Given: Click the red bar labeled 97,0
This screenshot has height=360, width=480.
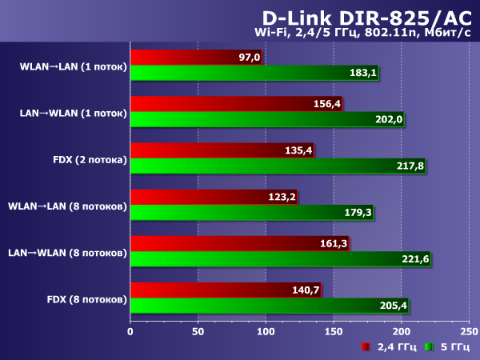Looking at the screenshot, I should [195, 58].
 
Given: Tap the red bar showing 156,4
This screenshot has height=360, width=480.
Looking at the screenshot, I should [235, 104].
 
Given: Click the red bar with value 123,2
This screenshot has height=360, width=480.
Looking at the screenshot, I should [213, 197].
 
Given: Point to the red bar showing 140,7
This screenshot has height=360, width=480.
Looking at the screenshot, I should [225, 290].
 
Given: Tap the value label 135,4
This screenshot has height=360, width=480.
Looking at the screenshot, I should [298, 150].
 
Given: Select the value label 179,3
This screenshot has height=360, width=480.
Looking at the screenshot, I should [358, 212].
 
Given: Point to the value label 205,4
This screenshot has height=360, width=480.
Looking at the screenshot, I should [393, 305].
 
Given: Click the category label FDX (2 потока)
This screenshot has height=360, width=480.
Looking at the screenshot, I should [86, 159].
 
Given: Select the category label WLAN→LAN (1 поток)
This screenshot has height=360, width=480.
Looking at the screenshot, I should [73, 66].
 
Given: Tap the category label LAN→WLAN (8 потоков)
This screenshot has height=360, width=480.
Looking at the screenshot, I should [67, 252].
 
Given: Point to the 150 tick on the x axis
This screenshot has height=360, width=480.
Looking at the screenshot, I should [333, 330].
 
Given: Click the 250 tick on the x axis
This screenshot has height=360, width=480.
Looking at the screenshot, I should [468, 330].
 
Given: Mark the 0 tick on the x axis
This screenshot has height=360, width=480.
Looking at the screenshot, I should [130, 330].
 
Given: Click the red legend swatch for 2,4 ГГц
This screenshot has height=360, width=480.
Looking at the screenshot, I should [365, 347].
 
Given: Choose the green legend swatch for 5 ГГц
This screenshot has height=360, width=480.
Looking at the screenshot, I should [428, 347].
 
